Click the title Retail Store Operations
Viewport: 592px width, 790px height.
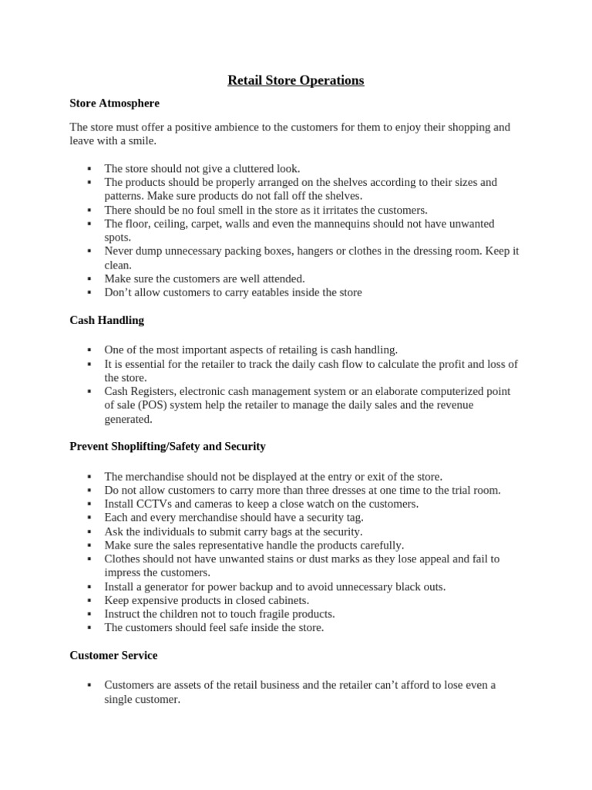click(296, 80)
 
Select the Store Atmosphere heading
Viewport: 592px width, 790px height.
click(114, 103)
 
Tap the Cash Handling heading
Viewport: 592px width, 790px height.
click(106, 319)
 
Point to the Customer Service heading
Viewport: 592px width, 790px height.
click(113, 655)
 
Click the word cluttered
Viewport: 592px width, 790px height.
click(254, 168)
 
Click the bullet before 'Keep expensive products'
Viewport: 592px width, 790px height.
click(89, 600)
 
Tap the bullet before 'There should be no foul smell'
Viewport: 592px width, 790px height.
click(89, 210)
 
